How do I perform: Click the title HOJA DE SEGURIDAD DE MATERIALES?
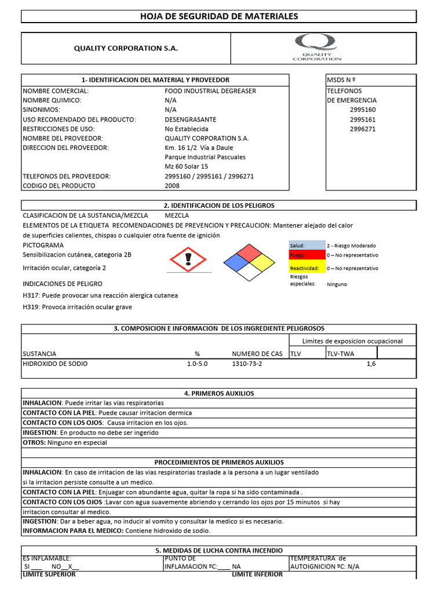[x=219, y=16]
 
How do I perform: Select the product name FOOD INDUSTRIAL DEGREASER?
[x=210, y=91]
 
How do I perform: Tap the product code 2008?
[x=172, y=186]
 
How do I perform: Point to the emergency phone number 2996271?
[x=363, y=129]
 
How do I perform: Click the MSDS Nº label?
[x=341, y=80]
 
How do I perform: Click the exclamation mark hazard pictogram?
[x=187, y=259]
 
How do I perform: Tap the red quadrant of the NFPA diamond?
[x=249, y=252]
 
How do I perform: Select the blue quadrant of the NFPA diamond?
[x=236, y=262]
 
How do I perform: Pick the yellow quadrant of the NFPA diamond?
[x=262, y=262]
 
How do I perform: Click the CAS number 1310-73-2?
[x=247, y=364]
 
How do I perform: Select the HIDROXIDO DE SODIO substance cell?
[x=56, y=364]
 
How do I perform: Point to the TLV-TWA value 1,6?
[x=371, y=364]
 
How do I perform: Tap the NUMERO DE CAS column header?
[x=257, y=353]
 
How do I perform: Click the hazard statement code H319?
[x=31, y=307]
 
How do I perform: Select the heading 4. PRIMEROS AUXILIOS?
[x=219, y=393]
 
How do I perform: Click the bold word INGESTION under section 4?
[x=39, y=433]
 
